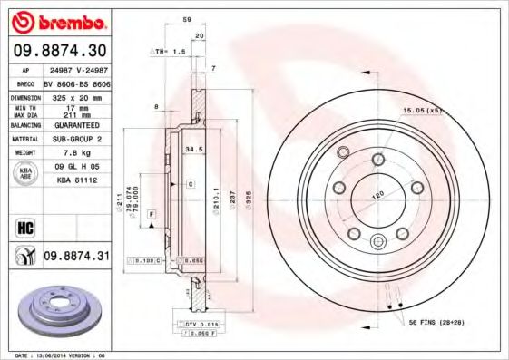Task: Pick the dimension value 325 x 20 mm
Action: point(76,95)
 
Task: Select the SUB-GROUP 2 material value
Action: point(76,140)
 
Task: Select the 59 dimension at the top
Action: point(186,18)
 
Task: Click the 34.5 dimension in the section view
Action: point(192,147)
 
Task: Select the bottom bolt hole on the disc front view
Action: point(377,240)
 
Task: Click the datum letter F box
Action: point(151,212)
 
